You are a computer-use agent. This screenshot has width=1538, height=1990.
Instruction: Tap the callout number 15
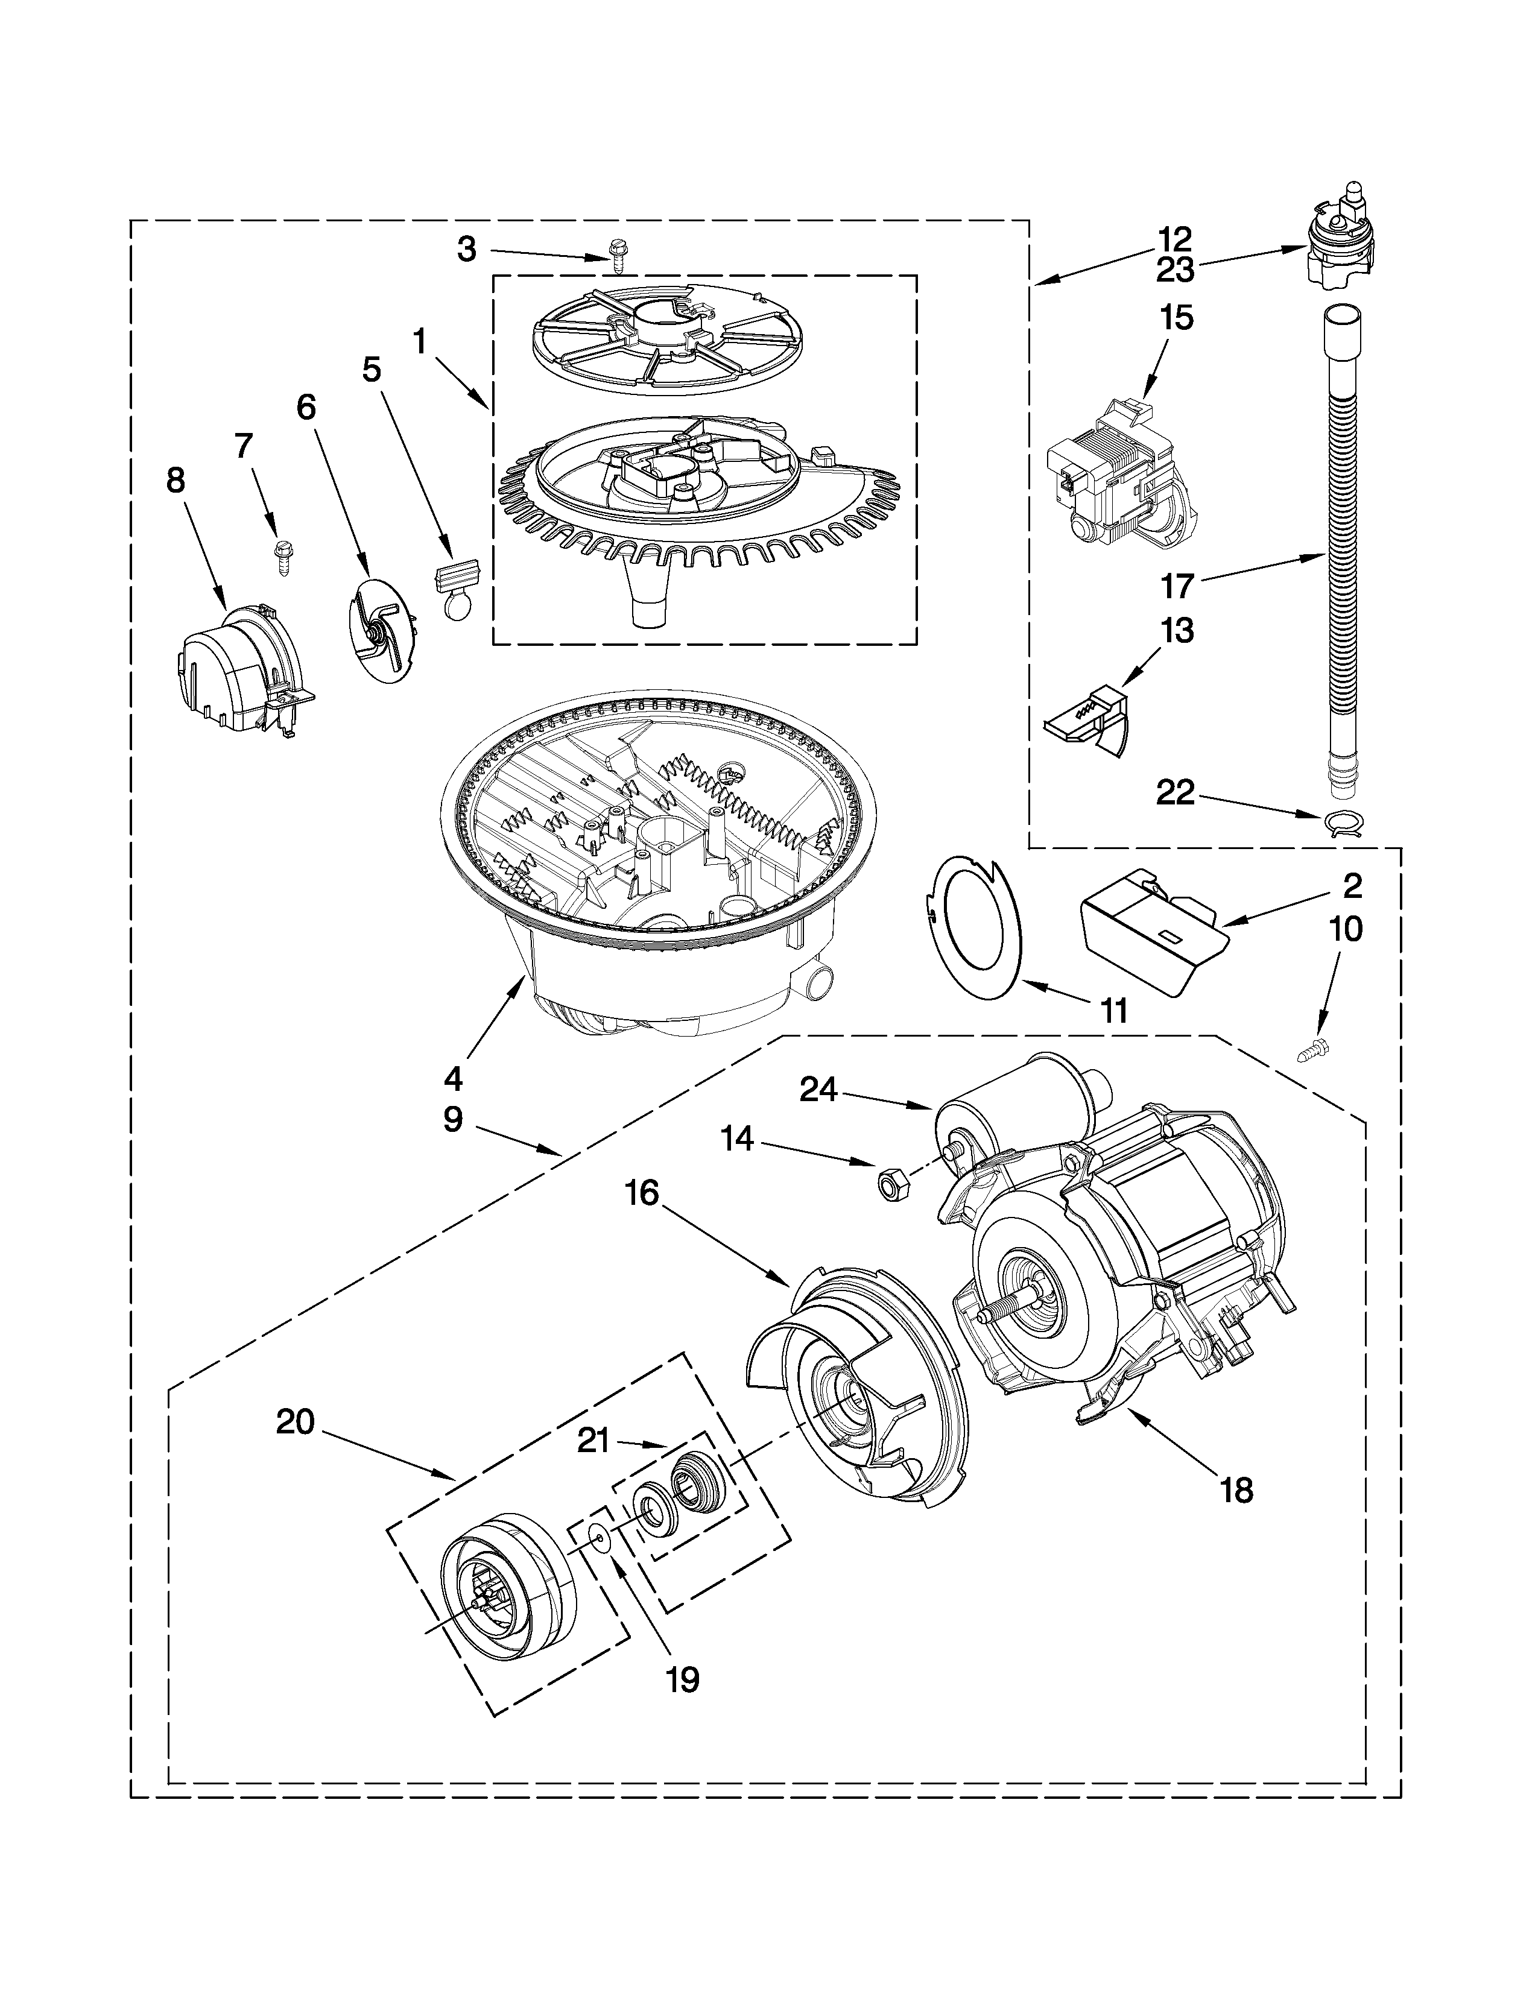point(1176,319)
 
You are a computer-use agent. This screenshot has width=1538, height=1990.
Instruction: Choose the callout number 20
point(296,1421)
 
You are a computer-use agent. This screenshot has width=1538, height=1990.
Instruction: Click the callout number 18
point(1237,1491)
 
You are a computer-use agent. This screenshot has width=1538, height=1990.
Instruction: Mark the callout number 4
point(453,1079)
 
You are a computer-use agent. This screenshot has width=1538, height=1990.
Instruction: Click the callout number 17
point(1176,585)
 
